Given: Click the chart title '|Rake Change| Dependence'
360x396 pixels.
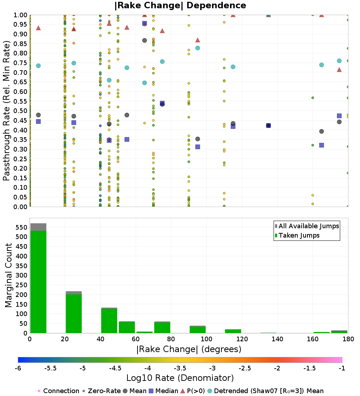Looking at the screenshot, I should [180, 5].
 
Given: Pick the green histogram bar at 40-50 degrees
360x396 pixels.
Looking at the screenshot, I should [109, 321].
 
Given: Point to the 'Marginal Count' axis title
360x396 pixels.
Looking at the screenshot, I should [9, 275].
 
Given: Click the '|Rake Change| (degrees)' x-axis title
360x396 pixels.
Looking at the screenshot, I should [189, 349].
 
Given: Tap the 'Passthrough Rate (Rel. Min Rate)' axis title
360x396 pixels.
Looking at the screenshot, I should [7, 111].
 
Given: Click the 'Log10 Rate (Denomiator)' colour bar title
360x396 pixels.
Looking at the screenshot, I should [180, 378].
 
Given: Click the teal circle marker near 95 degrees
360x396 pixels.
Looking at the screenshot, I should [198, 48].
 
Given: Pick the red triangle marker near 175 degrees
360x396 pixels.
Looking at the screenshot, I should [339, 69].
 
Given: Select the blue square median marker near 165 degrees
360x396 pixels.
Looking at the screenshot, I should [321, 145].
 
